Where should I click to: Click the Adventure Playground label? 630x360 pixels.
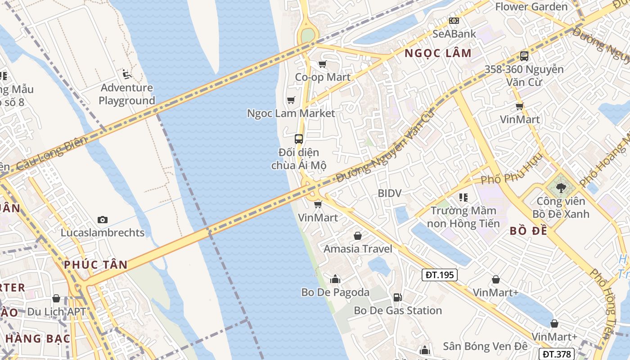[126, 94]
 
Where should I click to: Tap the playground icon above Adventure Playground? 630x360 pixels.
[126, 73]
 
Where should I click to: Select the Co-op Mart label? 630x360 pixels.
[323, 77]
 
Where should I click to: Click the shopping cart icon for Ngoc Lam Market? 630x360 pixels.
[291, 100]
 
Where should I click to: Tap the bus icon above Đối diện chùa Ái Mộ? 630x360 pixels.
[299, 139]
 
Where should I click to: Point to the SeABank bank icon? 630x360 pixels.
[454, 21]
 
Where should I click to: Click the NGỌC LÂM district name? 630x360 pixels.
[438, 53]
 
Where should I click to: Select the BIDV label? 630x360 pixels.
[390, 193]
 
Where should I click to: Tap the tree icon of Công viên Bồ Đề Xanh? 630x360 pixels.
[561, 188]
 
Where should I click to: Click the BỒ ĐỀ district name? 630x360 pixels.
[529, 231]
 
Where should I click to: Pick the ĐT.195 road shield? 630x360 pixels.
[440, 274]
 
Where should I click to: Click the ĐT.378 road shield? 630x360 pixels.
[556, 354]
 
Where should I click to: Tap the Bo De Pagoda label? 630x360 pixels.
[335, 292]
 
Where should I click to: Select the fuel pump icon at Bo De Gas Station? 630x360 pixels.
[397, 297]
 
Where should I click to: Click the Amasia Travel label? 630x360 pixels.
[358, 249]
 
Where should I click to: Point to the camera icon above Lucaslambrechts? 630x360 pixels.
[103, 220]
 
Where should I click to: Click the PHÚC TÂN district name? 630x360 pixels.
[96, 265]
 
